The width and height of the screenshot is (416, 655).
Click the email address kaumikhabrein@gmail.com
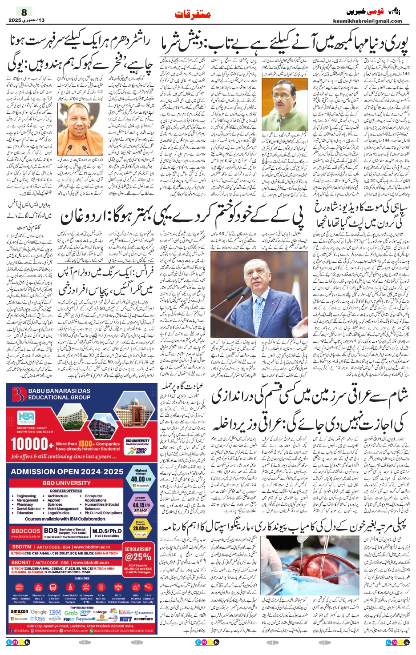(367, 21)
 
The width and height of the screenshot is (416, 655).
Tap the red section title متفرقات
(193, 14)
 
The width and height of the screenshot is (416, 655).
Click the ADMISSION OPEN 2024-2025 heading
(67, 471)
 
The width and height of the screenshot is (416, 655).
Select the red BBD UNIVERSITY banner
(67, 483)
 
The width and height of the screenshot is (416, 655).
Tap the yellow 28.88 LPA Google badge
(141, 529)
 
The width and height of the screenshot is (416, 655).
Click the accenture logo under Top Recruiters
(143, 619)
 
